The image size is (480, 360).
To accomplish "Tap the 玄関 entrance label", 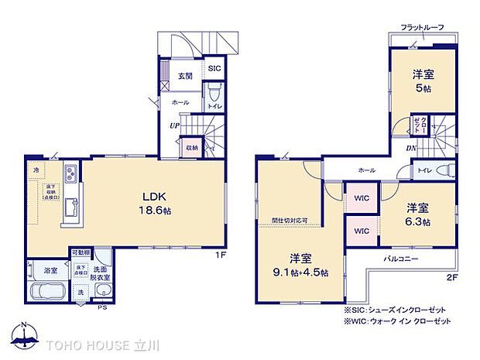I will (185, 75).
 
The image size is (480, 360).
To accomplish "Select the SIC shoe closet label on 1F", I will (214, 68).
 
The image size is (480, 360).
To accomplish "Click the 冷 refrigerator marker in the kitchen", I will (36, 169).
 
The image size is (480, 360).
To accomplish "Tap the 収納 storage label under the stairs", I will (191, 147).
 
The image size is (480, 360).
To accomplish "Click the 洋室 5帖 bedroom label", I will (422, 81).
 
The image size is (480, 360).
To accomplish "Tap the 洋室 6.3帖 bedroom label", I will (418, 214).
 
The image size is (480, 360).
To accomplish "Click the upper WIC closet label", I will (362, 197).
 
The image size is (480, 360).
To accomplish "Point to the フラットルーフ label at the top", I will (422, 28).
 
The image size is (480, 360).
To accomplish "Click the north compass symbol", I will (26, 334).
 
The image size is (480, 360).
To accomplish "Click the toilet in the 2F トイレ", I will (444, 170).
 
